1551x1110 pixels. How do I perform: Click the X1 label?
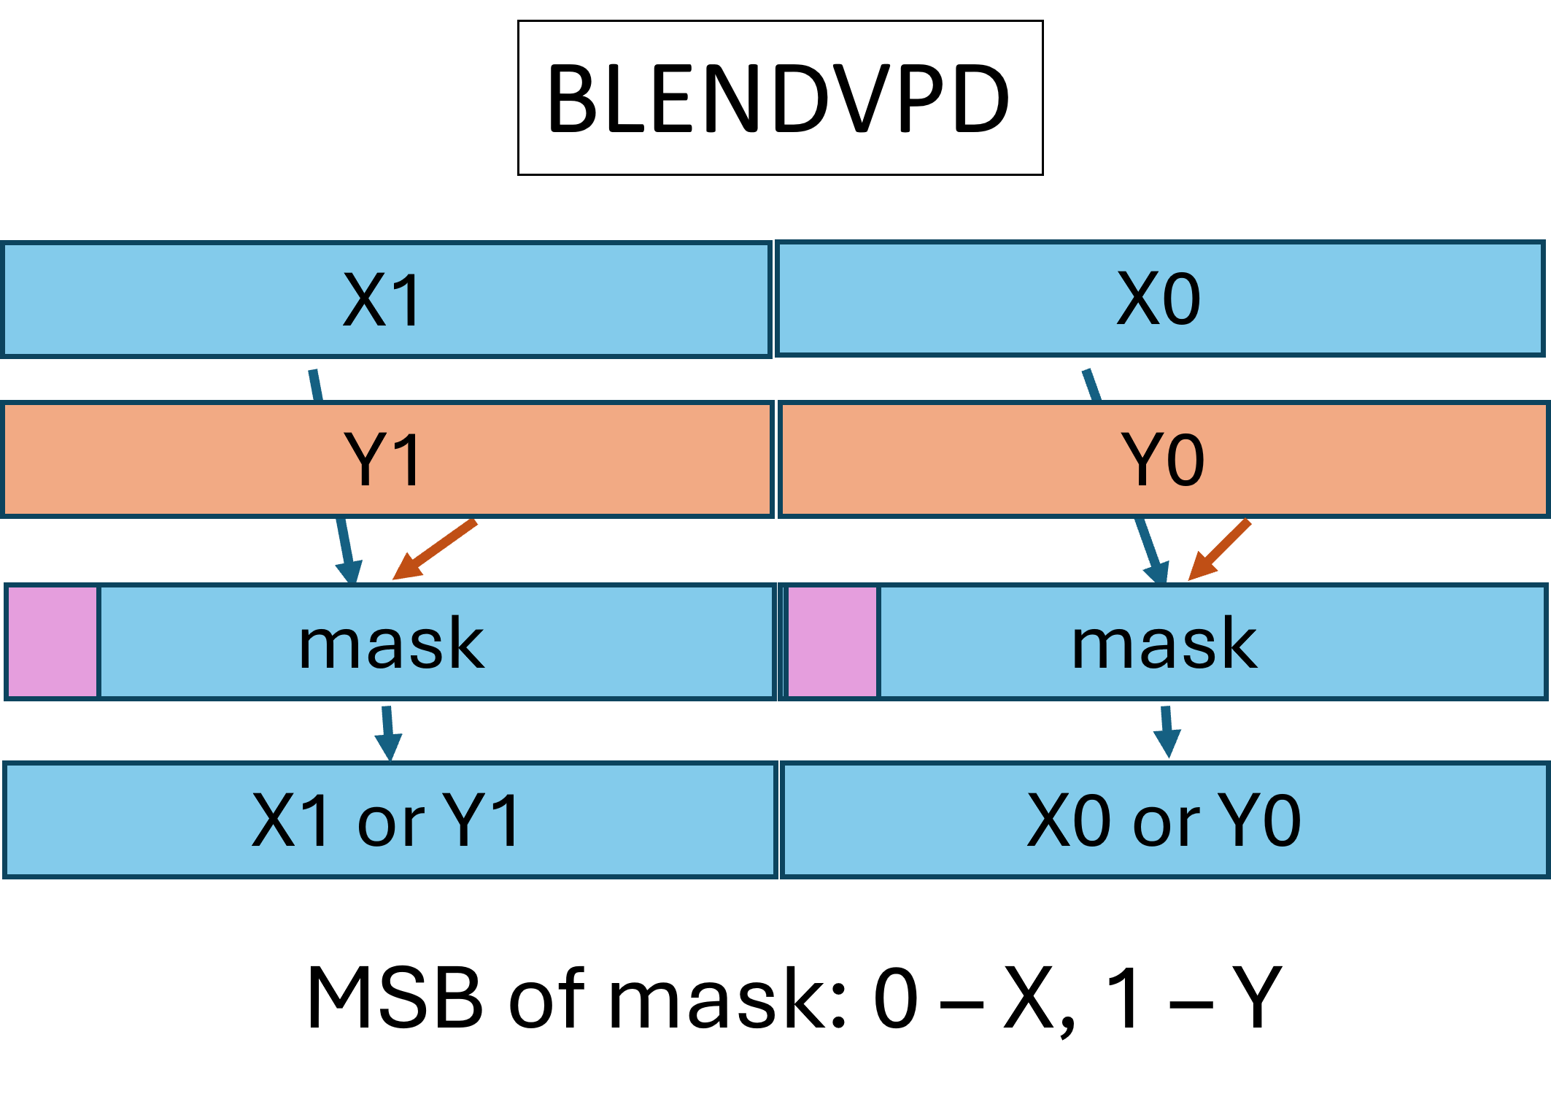pos(382,300)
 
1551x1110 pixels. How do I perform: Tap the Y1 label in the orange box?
pos(383,460)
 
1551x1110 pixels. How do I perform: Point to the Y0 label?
pos(1163,460)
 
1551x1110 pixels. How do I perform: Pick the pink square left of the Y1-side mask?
pos(52,642)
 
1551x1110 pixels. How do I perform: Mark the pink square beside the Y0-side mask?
pos(832,642)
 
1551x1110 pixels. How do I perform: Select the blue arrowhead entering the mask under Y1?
pos(349,571)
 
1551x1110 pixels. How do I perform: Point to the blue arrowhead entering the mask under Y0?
pos(1157,571)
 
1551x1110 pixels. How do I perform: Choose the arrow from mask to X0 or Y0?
pos(1167,732)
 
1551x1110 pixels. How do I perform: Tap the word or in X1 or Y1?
pos(390,823)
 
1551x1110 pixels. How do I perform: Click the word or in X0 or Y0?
pos(1166,823)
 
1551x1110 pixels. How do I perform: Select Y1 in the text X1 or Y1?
pos(482,821)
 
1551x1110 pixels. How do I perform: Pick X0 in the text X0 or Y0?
pos(1070,821)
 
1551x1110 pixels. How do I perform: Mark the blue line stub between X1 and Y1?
pos(315,385)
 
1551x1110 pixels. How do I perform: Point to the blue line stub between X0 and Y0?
pos(1091,385)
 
